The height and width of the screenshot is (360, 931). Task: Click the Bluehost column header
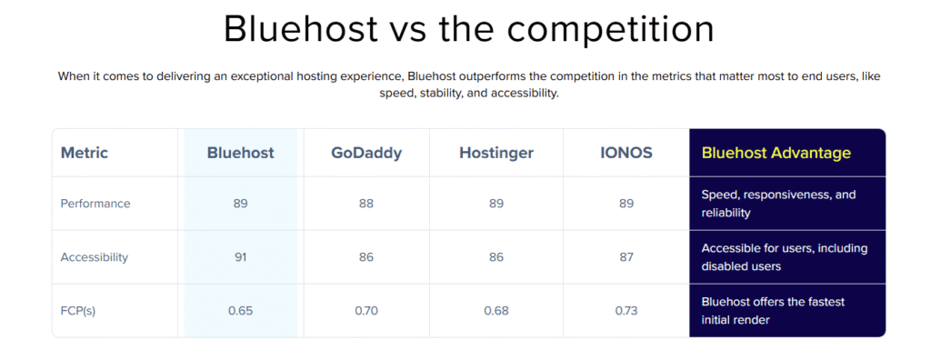240,153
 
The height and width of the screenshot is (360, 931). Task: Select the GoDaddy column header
366,153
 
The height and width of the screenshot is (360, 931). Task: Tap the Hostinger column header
496,153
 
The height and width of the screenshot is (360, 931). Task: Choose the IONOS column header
626,153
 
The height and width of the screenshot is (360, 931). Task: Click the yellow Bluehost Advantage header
776,153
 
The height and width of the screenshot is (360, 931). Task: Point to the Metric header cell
85,153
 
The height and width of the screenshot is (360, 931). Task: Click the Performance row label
95,203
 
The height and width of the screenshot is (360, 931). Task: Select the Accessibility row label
95,257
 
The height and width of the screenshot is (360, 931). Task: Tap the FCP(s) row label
78,311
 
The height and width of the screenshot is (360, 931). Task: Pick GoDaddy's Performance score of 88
366,203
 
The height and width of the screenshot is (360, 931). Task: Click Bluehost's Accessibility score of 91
240,257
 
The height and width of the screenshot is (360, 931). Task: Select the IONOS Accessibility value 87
626,257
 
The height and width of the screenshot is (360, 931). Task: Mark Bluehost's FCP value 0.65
240,311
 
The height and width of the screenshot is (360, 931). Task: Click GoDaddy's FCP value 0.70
366,311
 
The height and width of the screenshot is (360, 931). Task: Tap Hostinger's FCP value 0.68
496,311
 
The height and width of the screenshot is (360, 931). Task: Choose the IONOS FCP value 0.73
626,311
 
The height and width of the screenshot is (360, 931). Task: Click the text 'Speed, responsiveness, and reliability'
778,203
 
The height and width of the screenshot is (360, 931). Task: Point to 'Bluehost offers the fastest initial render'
773,311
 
